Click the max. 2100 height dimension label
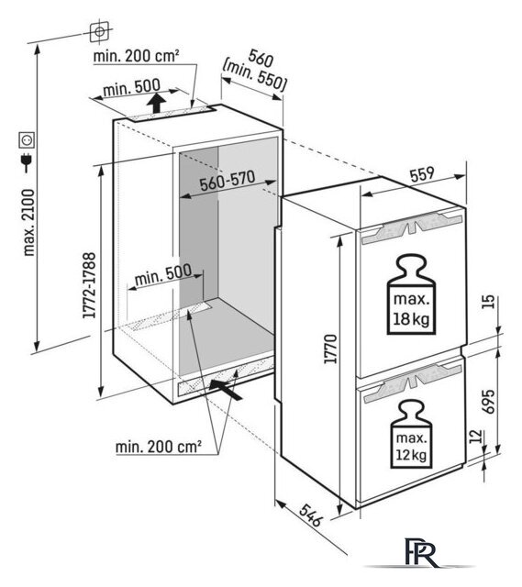click(x=28, y=222)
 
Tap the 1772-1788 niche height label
click(x=90, y=285)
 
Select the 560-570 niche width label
click(x=227, y=181)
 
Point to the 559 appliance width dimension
click(x=421, y=174)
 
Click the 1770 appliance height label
click(x=330, y=349)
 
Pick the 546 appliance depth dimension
click(x=311, y=515)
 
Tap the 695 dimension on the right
click(x=488, y=402)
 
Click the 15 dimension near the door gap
click(x=488, y=302)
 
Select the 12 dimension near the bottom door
click(x=475, y=437)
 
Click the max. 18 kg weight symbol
click(x=411, y=295)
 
